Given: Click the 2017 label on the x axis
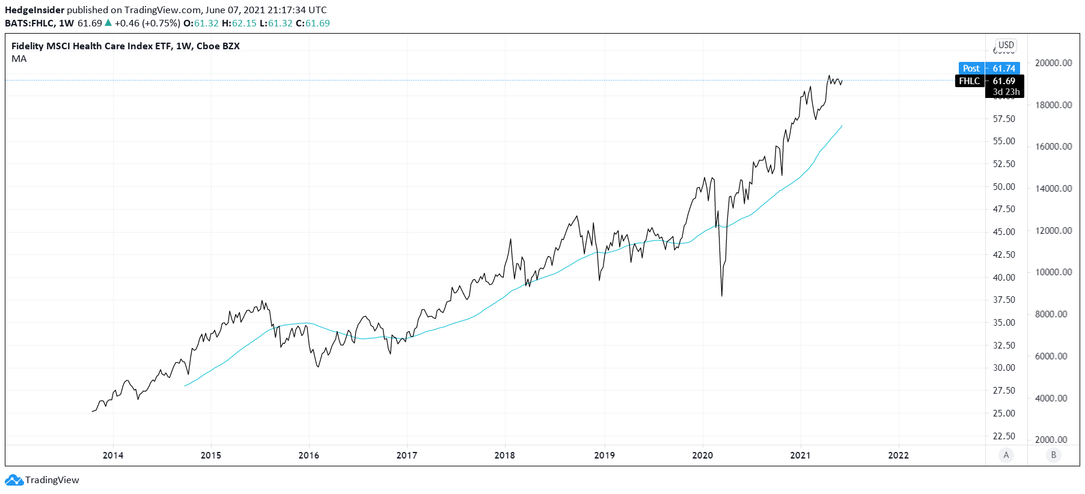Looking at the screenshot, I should (407, 456).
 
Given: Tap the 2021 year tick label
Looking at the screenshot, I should (800, 456).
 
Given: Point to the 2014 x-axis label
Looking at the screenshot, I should (113, 456).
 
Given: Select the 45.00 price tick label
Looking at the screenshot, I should (1004, 232).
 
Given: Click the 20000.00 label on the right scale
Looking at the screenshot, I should (1053, 63).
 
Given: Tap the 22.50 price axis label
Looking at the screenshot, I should (1004, 436).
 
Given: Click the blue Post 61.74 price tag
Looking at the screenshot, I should (989, 69).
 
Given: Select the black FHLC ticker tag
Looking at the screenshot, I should (970, 81).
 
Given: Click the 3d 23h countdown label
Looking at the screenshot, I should (1006, 92).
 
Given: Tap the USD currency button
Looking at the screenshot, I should (1006, 45).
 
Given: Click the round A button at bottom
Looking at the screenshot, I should (1006, 455).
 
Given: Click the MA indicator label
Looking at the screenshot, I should (19, 59).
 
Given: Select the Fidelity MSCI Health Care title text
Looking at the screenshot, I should (125, 46).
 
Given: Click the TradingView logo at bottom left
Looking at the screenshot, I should (42, 480).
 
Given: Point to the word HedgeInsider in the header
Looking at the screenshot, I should (34, 10).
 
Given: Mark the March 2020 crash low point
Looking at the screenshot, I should (721, 295).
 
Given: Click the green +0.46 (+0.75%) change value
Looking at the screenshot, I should (147, 23).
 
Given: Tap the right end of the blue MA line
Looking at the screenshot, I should (842, 126).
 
